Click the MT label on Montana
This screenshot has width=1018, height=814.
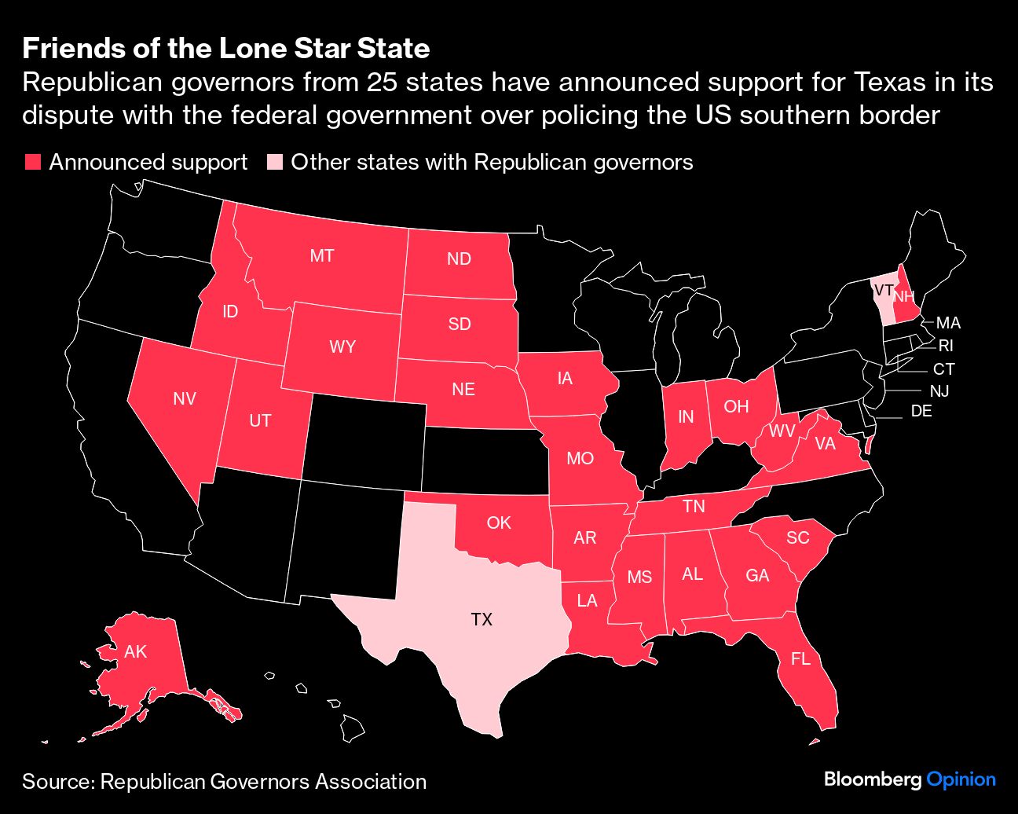pyautogui.click(x=322, y=255)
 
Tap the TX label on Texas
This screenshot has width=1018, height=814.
pyautogui.click(x=482, y=620)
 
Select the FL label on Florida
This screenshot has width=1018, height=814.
pyautogui.click(x=800, y=659)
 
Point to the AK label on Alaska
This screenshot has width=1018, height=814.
pyautogui.click(x=136, y=652)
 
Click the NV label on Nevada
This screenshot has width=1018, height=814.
pyautogui.click(x=185, y=399)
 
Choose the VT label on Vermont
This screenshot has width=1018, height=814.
pyautogui.click(x=883, y=290)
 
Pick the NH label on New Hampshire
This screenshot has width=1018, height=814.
pyautogui.click(x=904, y=296)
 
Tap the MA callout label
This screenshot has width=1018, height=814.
pyautogui.click(x=948, y=323)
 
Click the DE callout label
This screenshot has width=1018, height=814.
pyautogui.click(x=921, y=411)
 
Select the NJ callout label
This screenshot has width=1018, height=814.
pyautogui.click(x=939, y=390)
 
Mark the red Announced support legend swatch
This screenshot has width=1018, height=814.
pyautogui.click(x=33, y=163)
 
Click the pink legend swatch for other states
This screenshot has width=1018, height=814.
pyautogui.click(x=274, y=163)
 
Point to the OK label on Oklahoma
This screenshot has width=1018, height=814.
pyautogui.click(x=499, y=522)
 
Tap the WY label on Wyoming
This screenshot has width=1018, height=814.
pyautogui.click(x=342, y=346)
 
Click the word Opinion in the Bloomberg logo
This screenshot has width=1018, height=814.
pyautogui.click(x=961, y=779)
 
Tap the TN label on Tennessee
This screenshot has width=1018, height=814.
pyautogui.click(x=694, y=506)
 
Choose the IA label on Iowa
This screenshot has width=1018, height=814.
pyautogui.click(x=565, y=379)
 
